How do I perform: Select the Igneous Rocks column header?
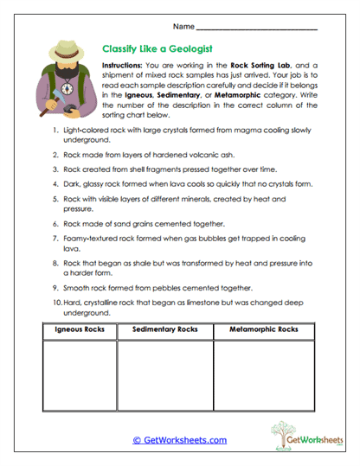(67, 330)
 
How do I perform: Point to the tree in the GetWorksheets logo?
(283, 430)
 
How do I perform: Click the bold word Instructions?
(125, 66)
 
